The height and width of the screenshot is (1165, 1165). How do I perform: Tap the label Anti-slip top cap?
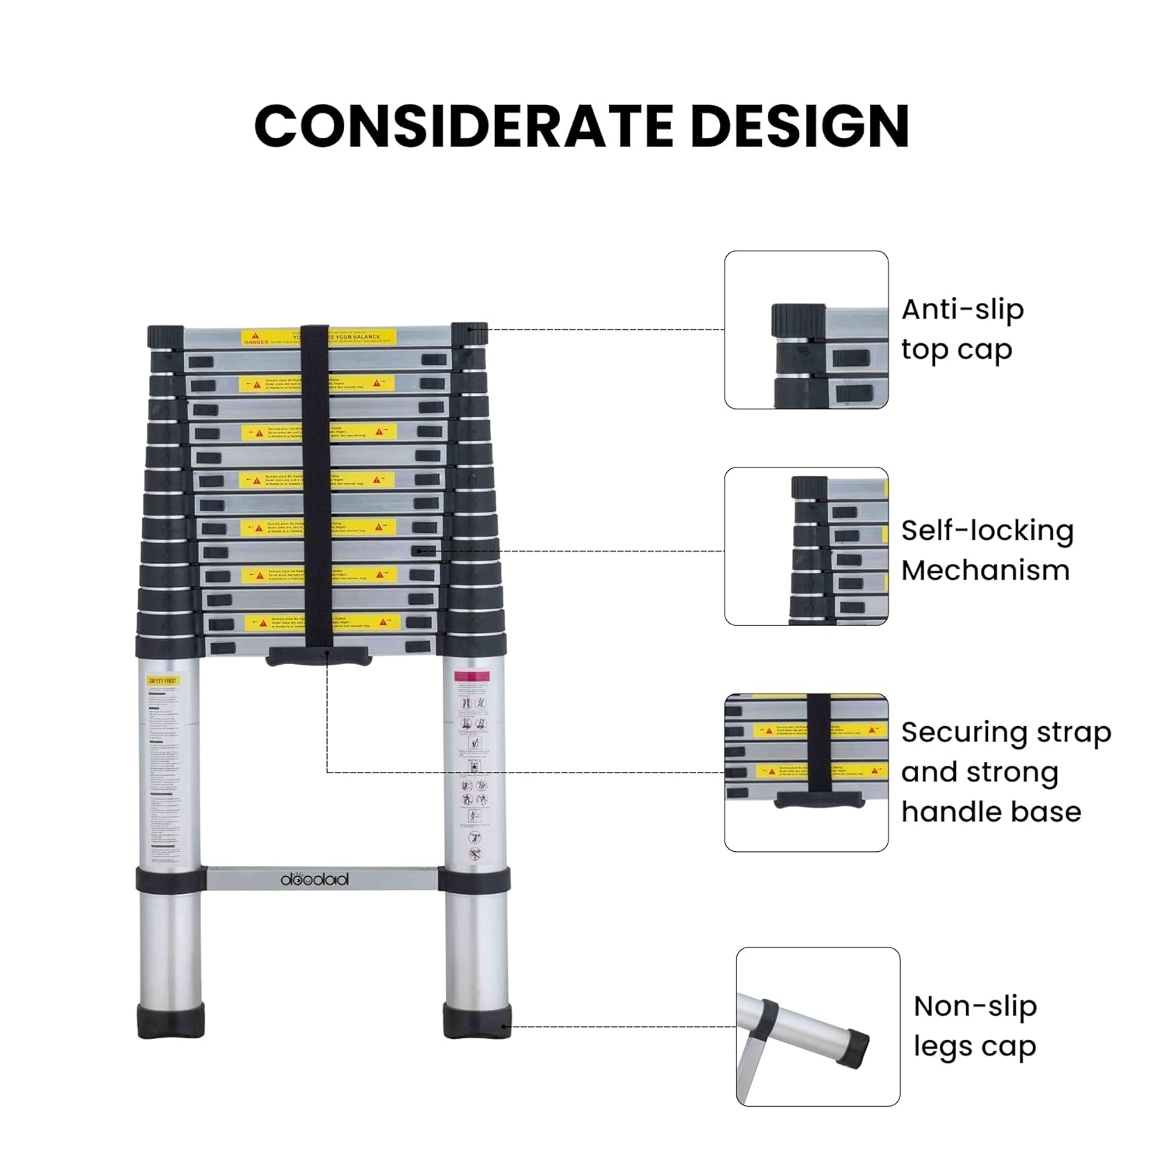click(x=962, y=329)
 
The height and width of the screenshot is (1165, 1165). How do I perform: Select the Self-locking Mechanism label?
click(x=987, y=550)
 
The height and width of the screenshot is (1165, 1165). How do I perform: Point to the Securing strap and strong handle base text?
click(x=1006, y=772)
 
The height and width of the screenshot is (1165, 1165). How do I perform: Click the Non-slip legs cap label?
click(x=975, y=1026)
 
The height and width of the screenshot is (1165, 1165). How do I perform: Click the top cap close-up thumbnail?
click(x=806, y=329)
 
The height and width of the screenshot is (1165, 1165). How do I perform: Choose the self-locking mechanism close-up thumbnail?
click(x=806, y=546)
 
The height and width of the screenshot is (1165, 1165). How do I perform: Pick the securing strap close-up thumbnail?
click(x=806, y=773)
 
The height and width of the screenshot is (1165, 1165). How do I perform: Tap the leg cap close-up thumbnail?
click(x=818, y=1026)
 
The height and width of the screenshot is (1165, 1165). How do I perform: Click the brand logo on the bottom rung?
click(x=315, y=879)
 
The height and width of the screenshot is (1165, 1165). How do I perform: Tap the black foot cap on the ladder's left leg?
click(x=172, y=1020)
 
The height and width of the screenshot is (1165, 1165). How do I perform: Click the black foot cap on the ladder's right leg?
click(x=478, y=1020)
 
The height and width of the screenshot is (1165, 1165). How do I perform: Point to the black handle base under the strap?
click(x=318, y=656)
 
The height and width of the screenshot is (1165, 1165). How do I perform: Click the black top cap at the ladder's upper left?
click(x=165, y=337)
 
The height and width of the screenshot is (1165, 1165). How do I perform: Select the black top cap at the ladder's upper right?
click(x=469, y=334)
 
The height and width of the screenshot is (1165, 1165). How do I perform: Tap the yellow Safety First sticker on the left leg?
click(x=162, y=681)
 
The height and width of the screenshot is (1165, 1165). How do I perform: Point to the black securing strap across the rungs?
click(x=315, y=482)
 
